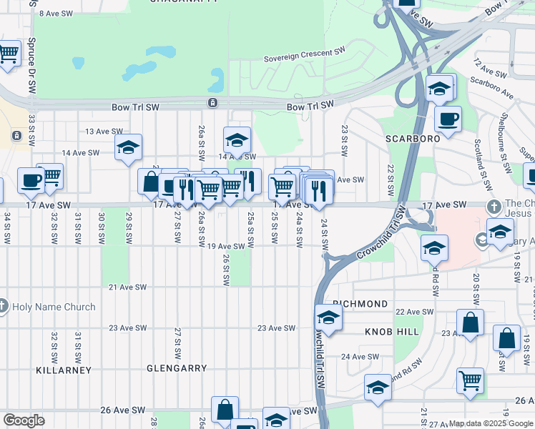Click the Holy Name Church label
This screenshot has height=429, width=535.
[55, 307]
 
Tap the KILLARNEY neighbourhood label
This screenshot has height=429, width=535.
[64, 370]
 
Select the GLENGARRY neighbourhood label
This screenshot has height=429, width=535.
[176, 368]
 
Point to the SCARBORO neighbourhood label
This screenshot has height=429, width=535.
[413, 138]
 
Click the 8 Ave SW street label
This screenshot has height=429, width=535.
[57, 14]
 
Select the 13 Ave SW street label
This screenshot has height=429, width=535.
[104, 132]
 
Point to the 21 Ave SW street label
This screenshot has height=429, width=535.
[127, 287]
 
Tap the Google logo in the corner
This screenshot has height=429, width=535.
[24, 420]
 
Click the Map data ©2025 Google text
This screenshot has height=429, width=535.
[491, 423]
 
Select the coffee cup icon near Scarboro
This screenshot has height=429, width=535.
[448, 119]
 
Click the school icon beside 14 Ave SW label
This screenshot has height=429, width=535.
[237, 139]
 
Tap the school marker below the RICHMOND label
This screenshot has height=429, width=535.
[328, 317]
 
